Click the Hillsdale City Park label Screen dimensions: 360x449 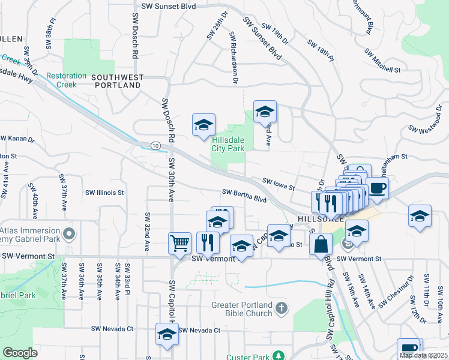(228, 144)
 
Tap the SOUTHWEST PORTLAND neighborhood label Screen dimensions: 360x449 (117, 82)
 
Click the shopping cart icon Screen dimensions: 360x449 (179, 243)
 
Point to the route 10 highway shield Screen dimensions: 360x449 (155, 146)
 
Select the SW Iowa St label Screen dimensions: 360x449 (279, 183)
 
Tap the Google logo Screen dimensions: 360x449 (20, 353)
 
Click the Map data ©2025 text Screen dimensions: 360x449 (423, 355)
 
